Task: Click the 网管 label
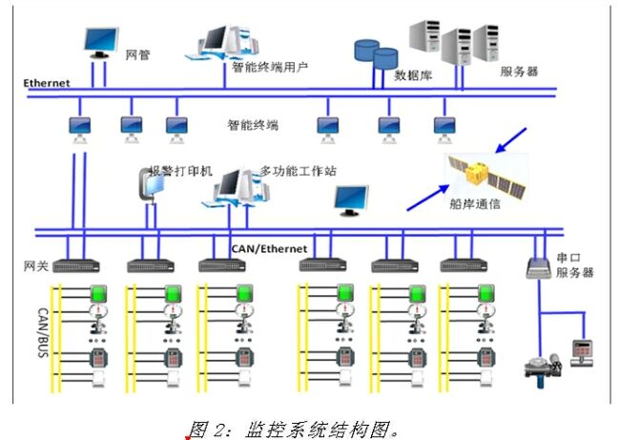(138, 56)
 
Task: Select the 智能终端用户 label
(270, 68)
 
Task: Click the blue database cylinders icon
(375, 53)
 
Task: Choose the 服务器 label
(519, 71)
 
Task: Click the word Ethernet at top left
(48, 83)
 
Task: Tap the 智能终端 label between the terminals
(253, 124)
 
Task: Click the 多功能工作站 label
(299, 171)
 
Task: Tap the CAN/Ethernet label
(269, 249)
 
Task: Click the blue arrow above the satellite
(512, 139)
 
